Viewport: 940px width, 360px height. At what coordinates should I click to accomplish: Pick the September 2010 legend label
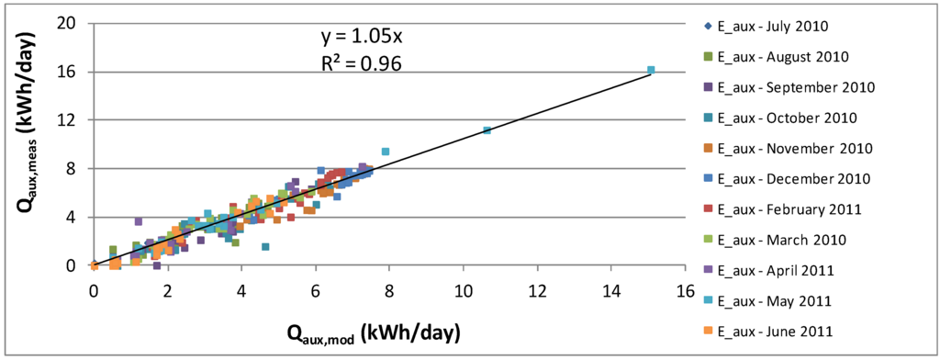[795, 86]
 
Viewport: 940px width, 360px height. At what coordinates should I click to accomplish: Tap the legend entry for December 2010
[792, 178]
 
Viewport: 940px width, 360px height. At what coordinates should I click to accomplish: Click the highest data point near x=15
[651, 70]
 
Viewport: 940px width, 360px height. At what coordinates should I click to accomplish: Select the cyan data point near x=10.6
[487, 130]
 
